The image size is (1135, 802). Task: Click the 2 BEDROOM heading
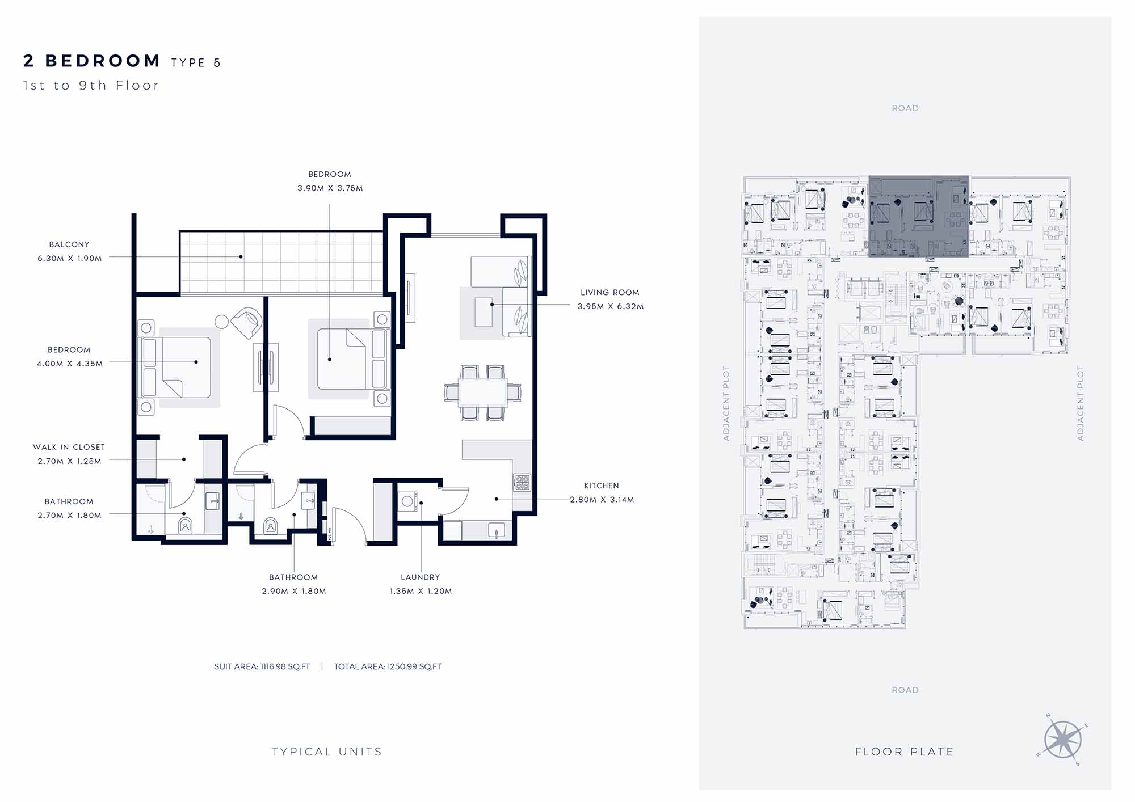click(92, 61)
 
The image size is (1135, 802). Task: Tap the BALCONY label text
click(69, 244)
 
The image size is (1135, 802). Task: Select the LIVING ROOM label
click(609, 293)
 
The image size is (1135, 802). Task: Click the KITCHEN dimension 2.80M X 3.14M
click(602, 500)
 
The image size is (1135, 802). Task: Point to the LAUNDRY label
click(421, 577)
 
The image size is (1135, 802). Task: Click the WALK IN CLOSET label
click(69, 447)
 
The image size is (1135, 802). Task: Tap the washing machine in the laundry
click(407, 501)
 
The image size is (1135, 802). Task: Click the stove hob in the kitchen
click(522, 483)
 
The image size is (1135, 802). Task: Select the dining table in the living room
click(483, 392)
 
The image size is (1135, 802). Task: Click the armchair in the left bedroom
click(247, 323)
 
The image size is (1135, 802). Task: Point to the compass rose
click(1062, 740)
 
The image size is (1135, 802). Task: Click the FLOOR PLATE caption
click(905, 752)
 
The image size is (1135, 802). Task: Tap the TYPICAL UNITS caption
click(327, 752)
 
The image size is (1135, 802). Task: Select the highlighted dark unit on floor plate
click(918, 216)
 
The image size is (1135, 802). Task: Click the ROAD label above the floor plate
click(905, 108)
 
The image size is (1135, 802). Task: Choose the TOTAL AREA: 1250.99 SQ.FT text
click(388, 666)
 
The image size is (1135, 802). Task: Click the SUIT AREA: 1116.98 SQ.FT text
click(262, 666)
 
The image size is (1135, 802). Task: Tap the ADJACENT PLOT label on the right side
click(1081, 403)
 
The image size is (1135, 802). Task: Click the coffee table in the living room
click(484, 312)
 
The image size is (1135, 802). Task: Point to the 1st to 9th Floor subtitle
click(91, 86)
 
